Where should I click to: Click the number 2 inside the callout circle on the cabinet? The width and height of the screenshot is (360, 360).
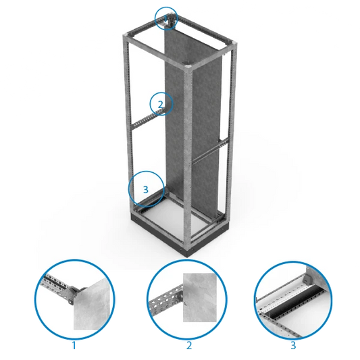tap(161, 105)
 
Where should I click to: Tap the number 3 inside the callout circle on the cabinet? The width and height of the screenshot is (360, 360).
tap(146, 190)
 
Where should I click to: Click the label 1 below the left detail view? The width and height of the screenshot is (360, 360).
tap(74, 345)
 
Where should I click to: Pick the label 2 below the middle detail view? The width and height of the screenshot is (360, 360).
tap(189, 345)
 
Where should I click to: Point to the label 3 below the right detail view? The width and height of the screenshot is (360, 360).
tap(293, 345)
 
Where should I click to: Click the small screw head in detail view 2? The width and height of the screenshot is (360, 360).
tap(186, 304)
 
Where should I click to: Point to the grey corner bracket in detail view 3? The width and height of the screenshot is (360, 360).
tap(307, 279)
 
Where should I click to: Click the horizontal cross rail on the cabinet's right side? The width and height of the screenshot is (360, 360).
tap(209, 151)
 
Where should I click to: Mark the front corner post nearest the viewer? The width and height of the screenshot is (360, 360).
tap(187, 159)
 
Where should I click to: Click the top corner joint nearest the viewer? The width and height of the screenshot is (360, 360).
tap(188, 68)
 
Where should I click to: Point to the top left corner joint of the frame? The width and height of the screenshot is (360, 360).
tap(126, 36)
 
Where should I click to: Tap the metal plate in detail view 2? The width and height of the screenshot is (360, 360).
tap(200, 298)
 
